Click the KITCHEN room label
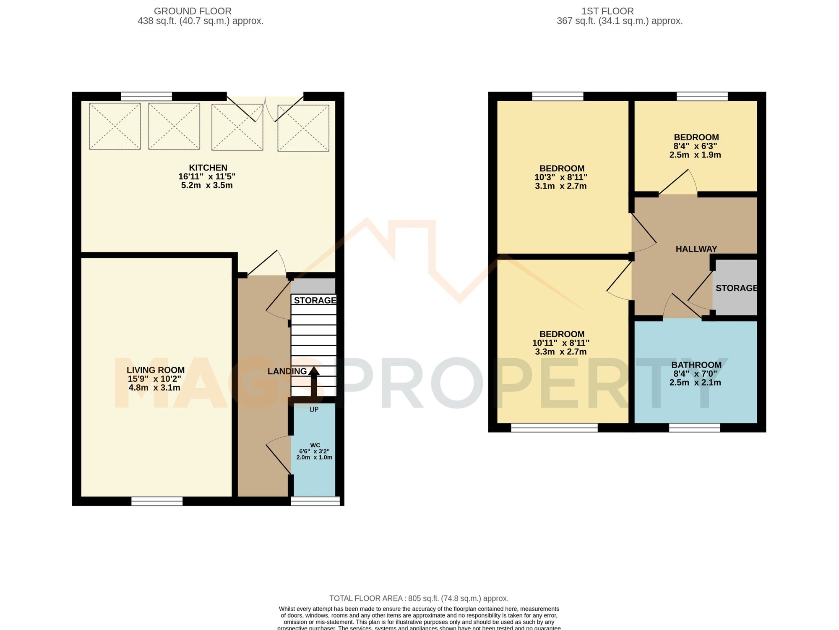[x=208, y=168]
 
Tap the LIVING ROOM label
[x=156, y=370]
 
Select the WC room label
[x=315, y=445]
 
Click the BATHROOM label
[x=696, y=365]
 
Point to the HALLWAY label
[x=696, y=249]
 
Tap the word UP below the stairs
[x=314, y=409]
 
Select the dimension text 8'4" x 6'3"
[x=695, y=146]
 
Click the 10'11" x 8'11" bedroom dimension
[x=561, y=343]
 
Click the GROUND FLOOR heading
[x=193, y=11]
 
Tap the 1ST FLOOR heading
[x=607, y=11]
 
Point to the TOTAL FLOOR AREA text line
[x=419, y=598]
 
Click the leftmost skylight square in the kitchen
[x=115, y=126]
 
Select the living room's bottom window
[x=157, y=501]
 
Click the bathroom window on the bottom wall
[x=694, y=428]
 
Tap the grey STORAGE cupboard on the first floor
[x=735, y=288]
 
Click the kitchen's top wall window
[x=146, y=97]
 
